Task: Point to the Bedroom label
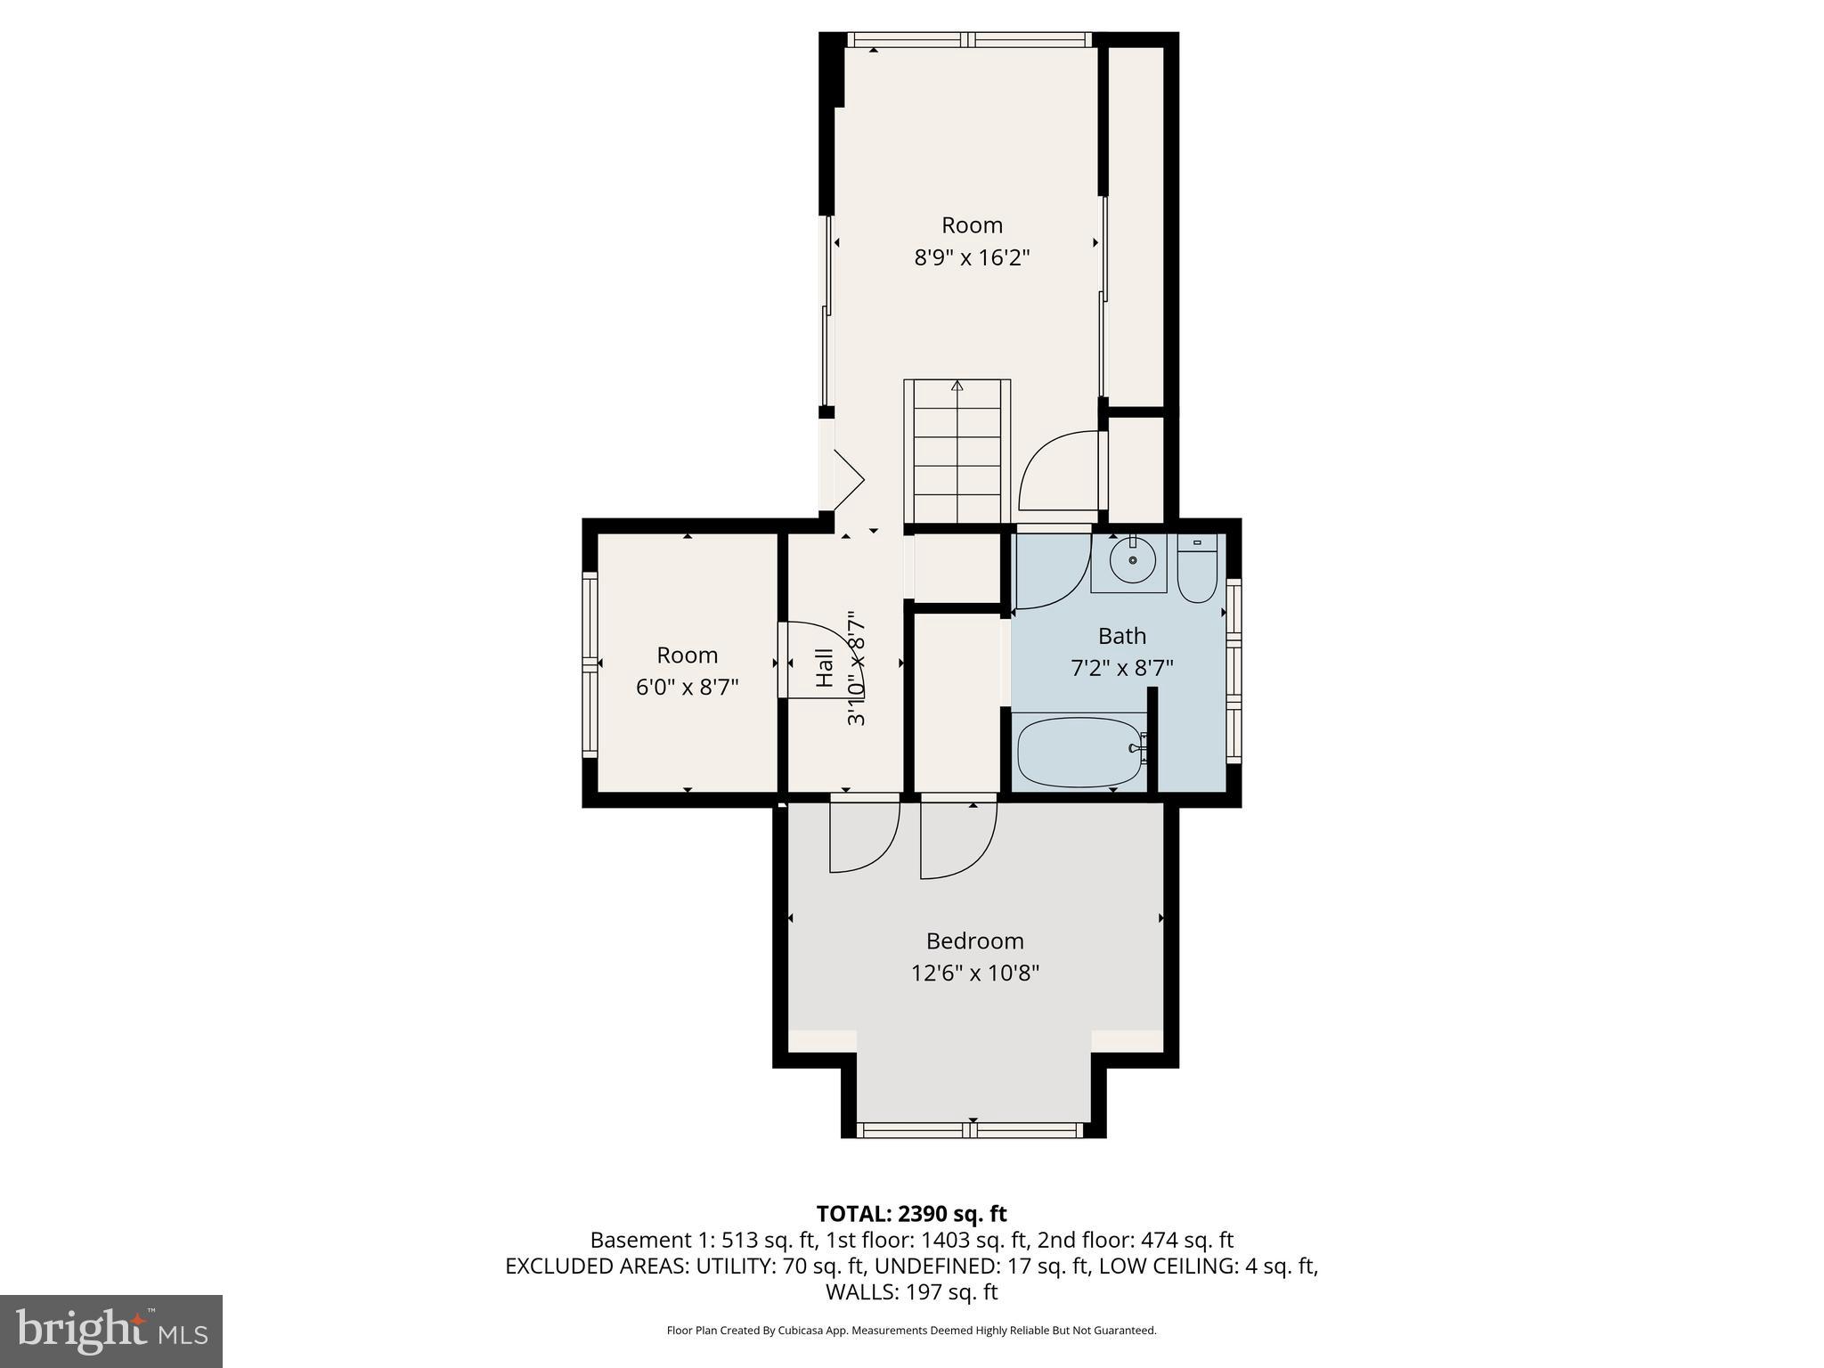tap(974, 940)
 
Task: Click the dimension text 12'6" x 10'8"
tap(974, 973)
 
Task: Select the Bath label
tap(1121, 636)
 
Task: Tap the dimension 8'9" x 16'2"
tap(972, 257)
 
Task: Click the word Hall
tap(825, 667)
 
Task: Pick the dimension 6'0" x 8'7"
tap(687, 688)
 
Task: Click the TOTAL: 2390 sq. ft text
tap(911, 1214)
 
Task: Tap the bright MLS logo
tap(111, 1331)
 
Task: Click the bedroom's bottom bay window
tap(970, 1129)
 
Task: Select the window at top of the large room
tap(968, 39)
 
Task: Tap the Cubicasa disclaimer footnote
tap(911, 1331)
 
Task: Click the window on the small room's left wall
tap(590, 664)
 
